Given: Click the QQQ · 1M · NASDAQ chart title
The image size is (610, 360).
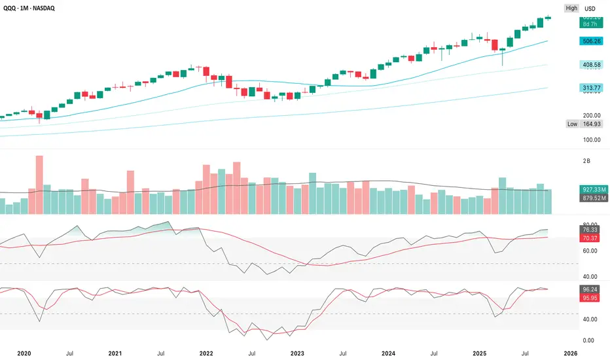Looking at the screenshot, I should [37, 9].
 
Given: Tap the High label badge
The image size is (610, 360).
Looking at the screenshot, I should [571, 9].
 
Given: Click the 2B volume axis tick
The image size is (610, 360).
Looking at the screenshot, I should [587, 160].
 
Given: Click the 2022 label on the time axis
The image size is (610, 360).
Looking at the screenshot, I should [206, 353].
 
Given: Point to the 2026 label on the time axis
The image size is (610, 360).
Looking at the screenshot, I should [570, 353].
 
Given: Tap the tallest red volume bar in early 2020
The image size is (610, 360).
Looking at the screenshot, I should [39, 185].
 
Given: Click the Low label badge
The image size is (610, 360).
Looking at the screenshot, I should [572, 124].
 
